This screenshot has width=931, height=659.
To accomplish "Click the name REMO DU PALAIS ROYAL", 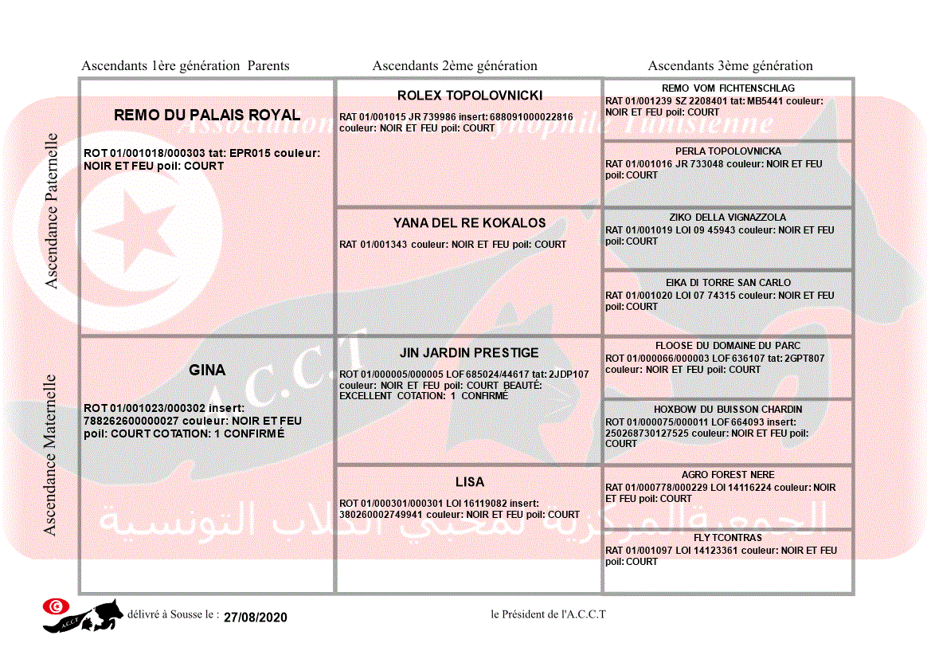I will pos(207,115).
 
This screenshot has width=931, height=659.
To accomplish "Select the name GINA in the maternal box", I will pos(207,370).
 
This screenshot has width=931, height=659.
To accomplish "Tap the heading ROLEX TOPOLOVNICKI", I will pos(470,96).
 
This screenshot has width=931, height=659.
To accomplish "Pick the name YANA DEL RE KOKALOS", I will pos(470,223).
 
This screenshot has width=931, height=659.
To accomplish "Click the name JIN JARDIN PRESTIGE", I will pos(469,353).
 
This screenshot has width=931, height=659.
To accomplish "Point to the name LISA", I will pos(470,482).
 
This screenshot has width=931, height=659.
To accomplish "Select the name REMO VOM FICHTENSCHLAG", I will pos(728,88).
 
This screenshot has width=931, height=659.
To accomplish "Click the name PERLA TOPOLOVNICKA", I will pos(728,151).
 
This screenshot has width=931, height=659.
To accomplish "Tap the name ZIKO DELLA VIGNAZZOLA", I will pos(728,218).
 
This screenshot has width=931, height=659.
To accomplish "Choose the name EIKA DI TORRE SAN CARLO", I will pos(728,283).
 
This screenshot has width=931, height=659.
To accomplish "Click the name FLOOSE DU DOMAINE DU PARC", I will pos(728,346).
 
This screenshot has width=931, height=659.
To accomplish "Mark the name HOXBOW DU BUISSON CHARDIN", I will pos(728,410).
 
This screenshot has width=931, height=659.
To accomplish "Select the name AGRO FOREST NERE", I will pos(728,475).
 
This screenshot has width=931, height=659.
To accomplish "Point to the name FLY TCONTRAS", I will pos(728,538).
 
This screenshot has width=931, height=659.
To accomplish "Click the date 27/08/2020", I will pos(255,618).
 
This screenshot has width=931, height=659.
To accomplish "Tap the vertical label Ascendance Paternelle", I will pos(52,210).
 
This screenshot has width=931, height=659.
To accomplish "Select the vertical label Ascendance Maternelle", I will pos(50,455).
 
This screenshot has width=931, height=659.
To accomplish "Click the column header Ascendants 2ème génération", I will pos(455,66).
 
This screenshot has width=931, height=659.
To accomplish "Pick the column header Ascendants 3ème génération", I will pos(730,66).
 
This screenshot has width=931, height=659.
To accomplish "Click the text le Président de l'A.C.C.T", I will pos(548,614).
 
